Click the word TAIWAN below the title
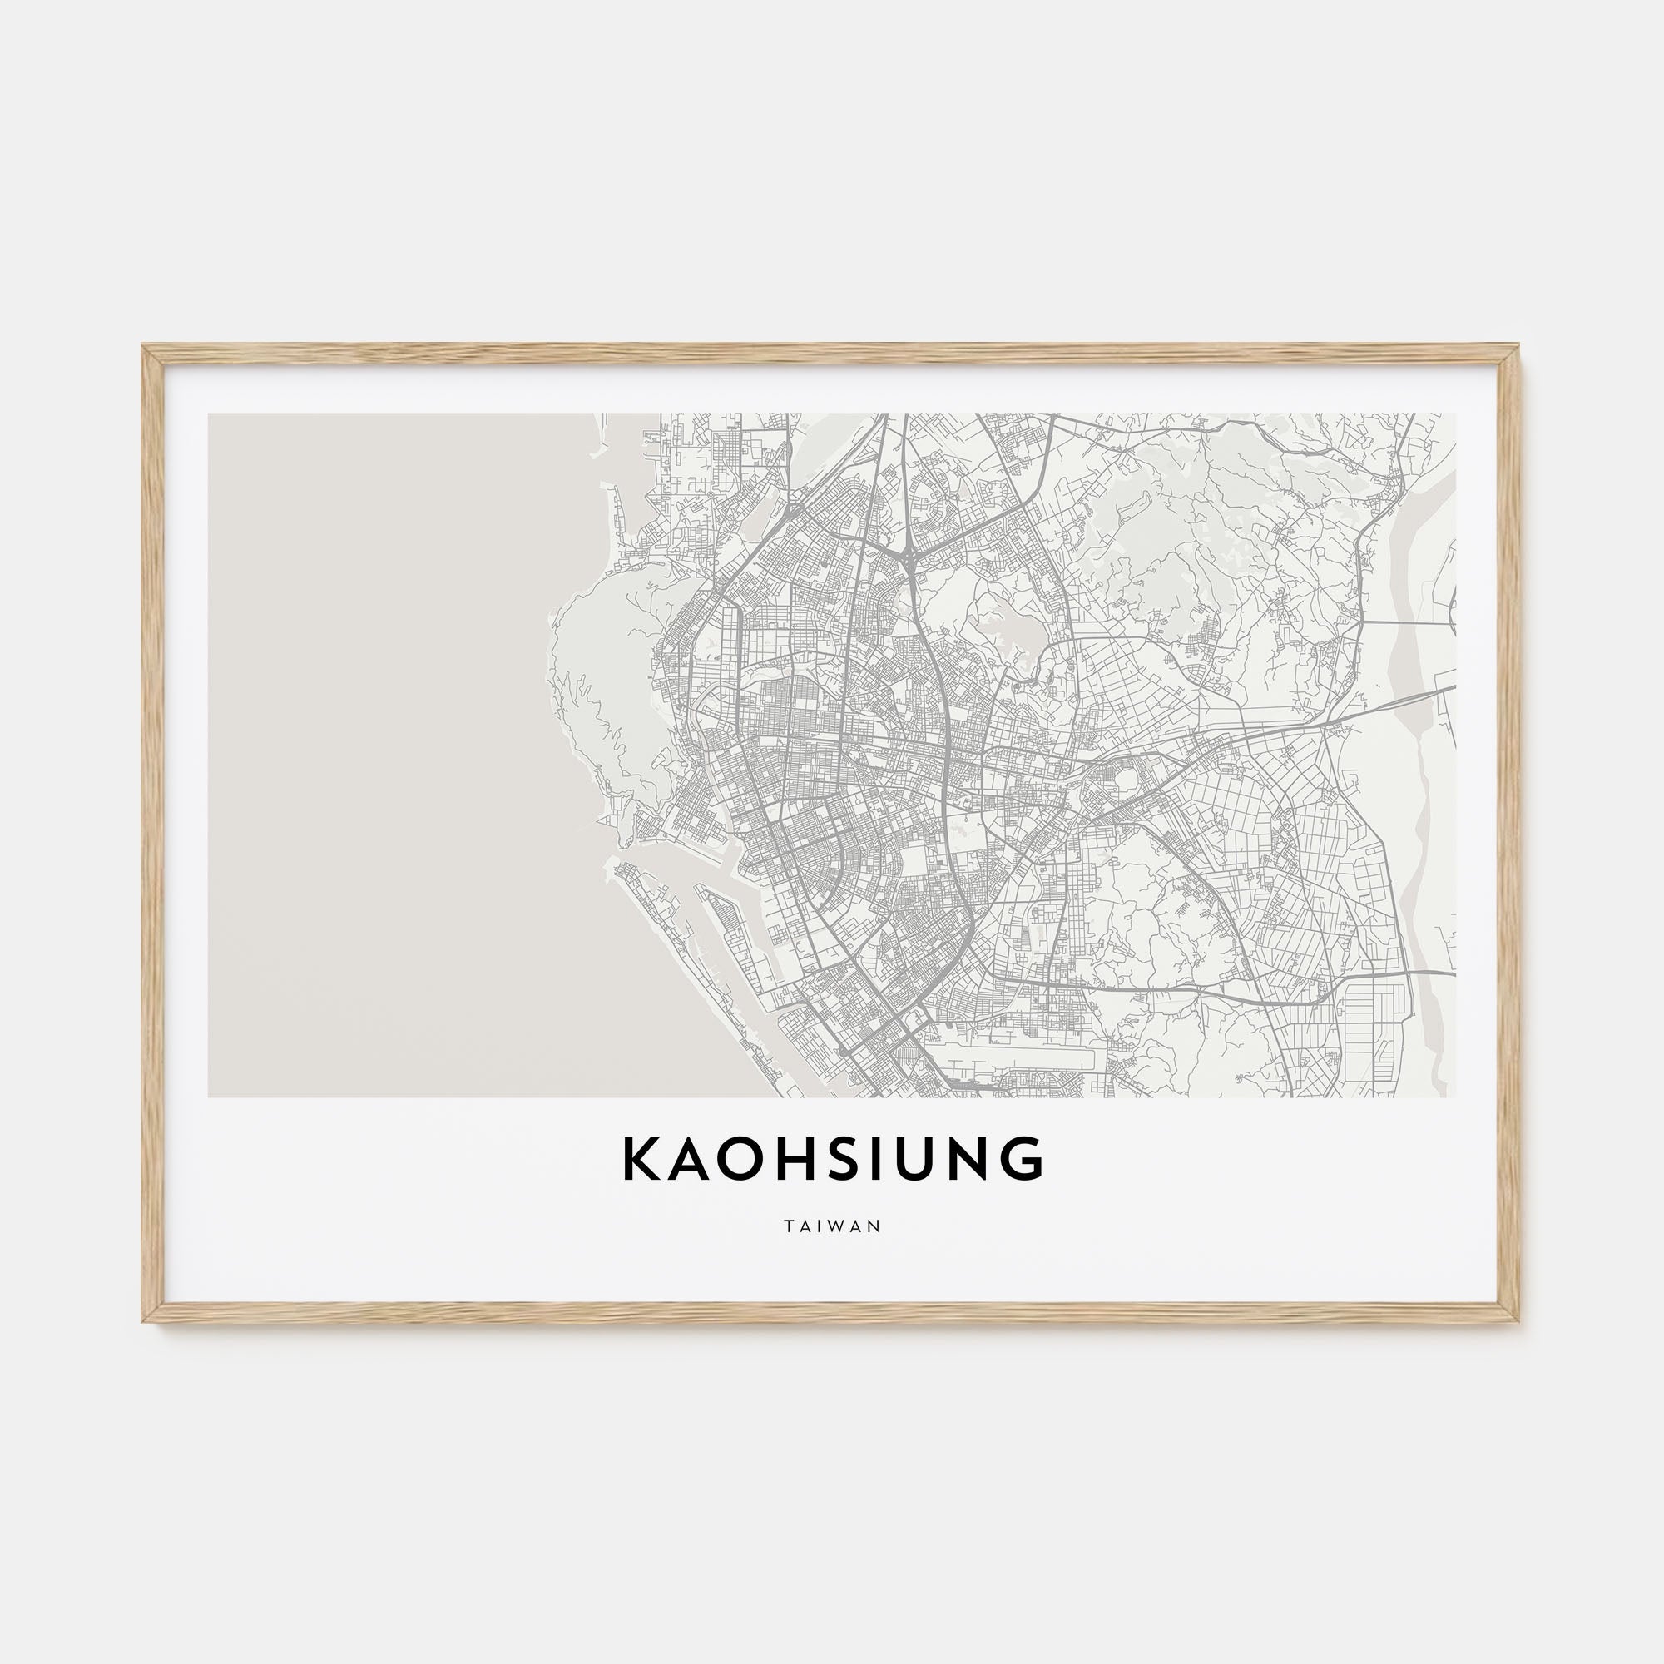(x=832, y=1226)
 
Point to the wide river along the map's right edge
(x=1413, y=775)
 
